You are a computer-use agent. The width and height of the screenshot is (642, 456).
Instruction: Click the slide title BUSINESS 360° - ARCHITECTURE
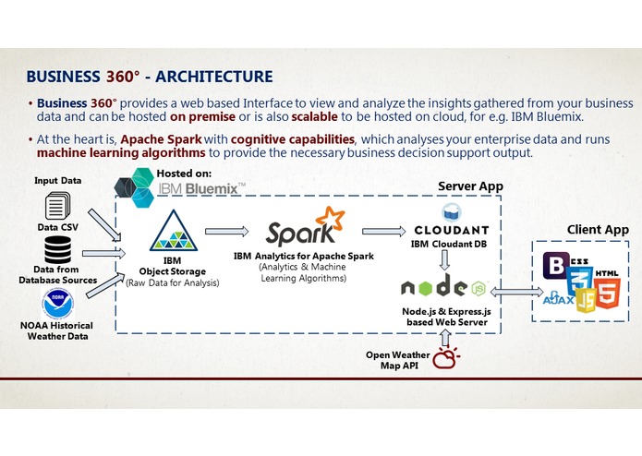coord(149,76)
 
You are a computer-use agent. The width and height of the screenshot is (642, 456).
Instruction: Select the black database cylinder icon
coord(57,250)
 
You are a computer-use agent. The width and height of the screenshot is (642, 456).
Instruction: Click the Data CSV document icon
coord(57,205)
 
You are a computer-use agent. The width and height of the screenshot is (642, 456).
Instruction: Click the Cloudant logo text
coord(452,230)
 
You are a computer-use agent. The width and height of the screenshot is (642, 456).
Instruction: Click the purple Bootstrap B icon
coord(556,267)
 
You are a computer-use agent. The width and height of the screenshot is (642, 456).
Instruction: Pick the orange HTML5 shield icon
coord(607,293)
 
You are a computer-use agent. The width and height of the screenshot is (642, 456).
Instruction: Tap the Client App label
coord(598,229)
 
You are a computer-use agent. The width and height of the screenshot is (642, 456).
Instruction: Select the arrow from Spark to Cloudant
coord(382,231)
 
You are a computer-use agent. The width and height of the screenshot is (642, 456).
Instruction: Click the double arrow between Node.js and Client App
coord(515,292)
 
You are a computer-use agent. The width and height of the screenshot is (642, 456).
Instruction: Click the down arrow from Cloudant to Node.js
coord(446,261)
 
